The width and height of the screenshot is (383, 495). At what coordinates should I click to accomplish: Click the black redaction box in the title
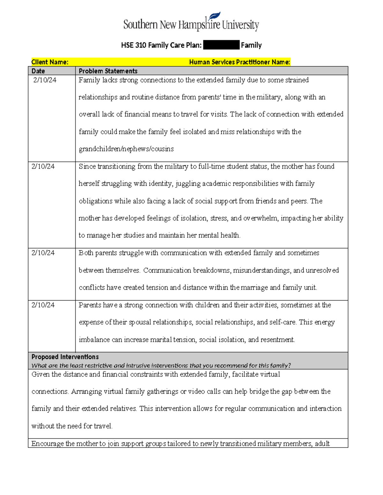coord(221,45)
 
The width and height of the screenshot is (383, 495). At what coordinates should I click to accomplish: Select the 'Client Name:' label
coord(50,62)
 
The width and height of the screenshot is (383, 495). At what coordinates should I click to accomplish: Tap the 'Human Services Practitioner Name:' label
coord(239,62)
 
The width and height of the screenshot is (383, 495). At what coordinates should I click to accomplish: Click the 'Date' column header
coord(38,71)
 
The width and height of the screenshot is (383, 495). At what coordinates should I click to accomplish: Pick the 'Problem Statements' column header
coord(108,71)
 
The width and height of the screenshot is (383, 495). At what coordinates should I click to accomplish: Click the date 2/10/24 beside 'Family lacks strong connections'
coord(45,80)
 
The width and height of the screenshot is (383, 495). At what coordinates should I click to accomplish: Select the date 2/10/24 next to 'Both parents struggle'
coord(43,253)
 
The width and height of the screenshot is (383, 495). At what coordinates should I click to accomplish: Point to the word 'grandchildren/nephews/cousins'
coord(126,149)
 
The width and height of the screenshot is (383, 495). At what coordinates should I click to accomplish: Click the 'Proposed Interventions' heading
coord(65,357)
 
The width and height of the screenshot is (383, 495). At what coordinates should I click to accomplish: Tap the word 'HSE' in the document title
coord(127,45)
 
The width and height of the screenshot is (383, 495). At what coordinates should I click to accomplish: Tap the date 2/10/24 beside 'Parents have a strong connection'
coord(43,305)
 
